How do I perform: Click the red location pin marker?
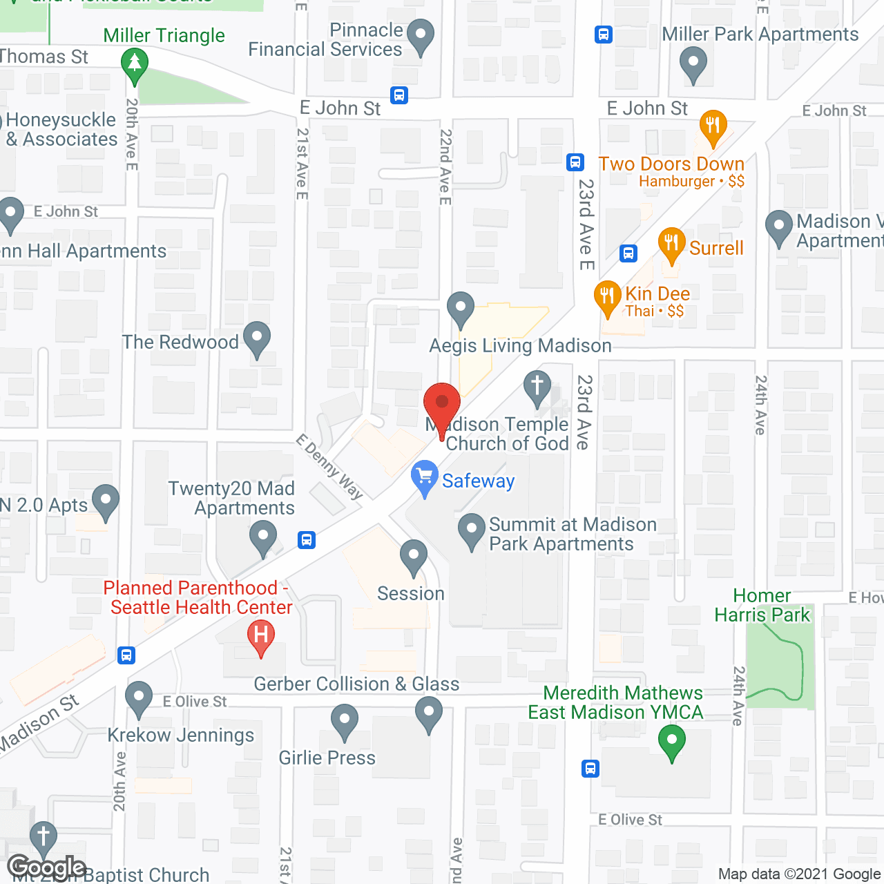[441, 404]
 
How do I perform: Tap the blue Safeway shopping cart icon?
[424, 477]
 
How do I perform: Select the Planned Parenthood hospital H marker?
[260, 636]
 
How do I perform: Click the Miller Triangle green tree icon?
[135, 64]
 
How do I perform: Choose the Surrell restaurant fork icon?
[671, 244]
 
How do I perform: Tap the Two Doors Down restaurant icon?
[713, 127]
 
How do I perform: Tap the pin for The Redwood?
[257, 338]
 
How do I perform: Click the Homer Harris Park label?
[762, 606]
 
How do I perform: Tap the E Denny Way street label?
[329, 467]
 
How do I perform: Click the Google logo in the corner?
[46, 867]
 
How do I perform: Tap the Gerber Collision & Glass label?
[356, 684]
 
